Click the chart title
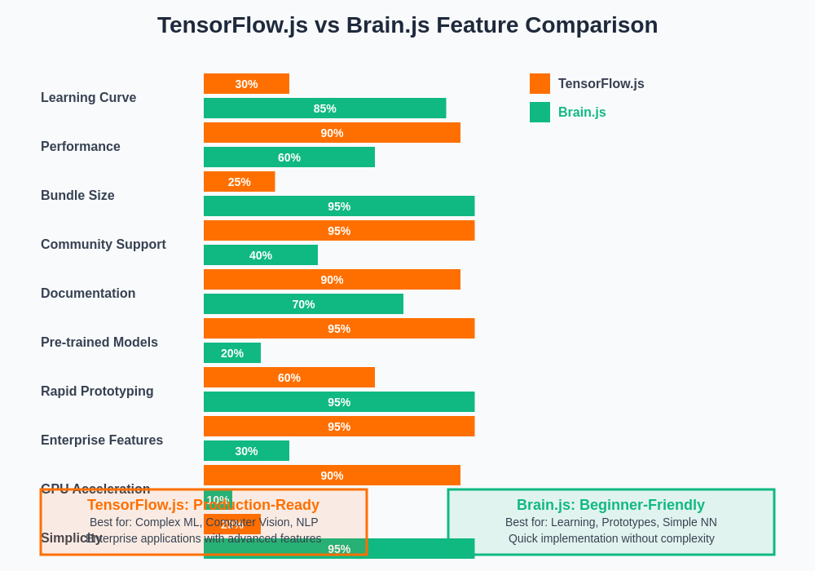point(407,25)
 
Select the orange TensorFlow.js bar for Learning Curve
point(246,84)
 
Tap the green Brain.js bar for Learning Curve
point(324,108)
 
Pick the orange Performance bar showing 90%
point(332,133)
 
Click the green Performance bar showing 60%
point(289,157)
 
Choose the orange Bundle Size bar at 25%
point(239,182)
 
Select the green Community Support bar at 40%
point(261,255)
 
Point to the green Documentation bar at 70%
point(303,304)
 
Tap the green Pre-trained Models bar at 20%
point(232,353)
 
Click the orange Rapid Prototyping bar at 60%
point(289,378)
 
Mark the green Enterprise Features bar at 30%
point(246,451)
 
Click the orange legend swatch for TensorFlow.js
point(540,84)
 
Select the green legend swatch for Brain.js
point(540,113)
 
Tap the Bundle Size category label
point(77,196)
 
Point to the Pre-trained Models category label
point(99,343)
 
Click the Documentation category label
point(88,294)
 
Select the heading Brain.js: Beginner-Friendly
point(610,505)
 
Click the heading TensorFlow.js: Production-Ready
point(203,505)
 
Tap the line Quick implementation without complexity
point(611,538)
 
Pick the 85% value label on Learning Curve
point(324,108)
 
